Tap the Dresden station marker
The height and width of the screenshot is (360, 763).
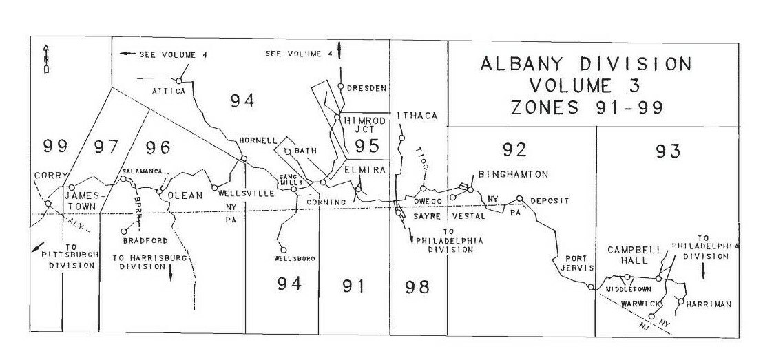point(340,87)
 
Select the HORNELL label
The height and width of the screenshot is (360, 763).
point(257,140)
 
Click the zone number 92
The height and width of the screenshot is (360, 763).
point(514,149)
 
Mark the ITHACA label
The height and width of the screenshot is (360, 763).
point(418,116)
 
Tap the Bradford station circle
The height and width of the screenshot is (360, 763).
point(125,231)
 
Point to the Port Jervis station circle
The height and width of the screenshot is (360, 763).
point(591,287)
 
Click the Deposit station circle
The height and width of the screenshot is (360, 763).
point(521,200)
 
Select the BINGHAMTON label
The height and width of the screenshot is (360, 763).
point(513,174)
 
